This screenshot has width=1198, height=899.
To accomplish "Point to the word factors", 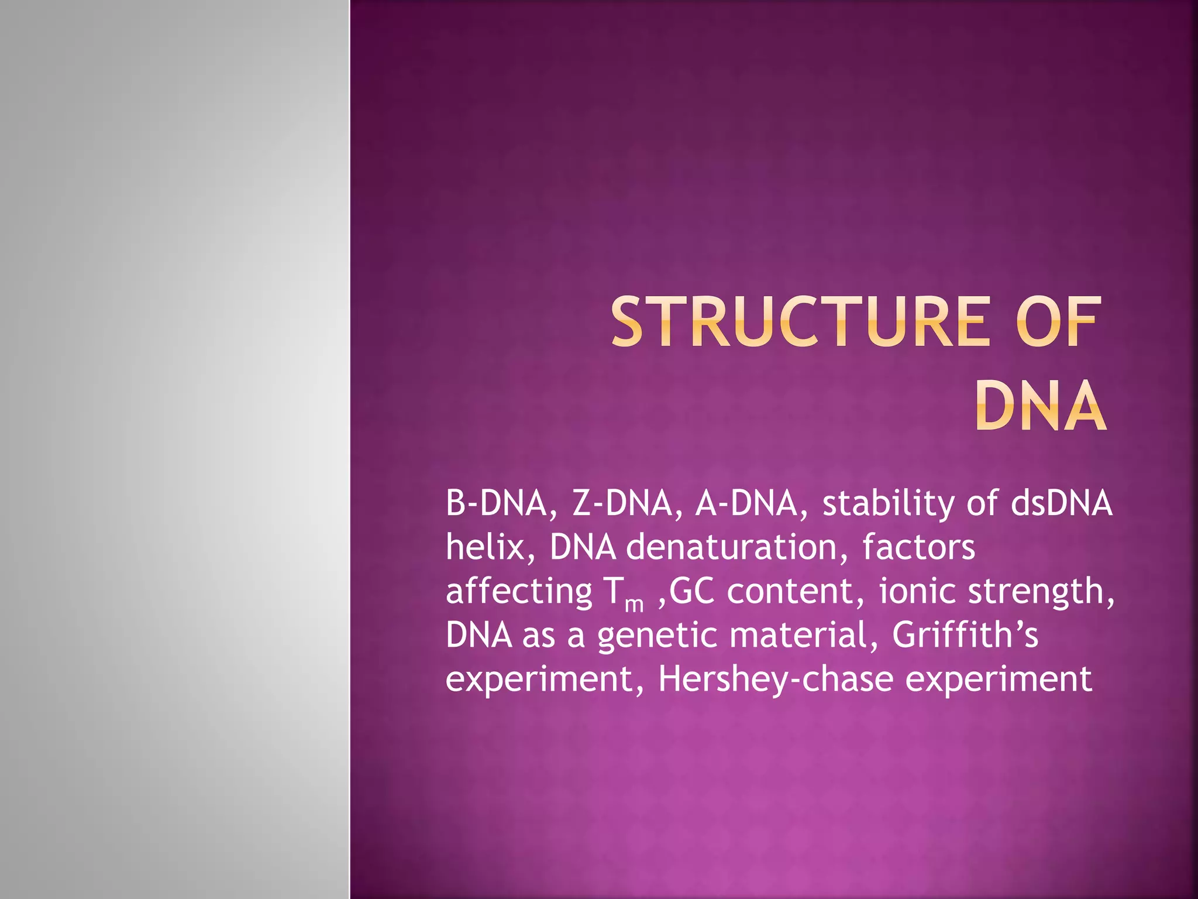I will [x=918, y=547].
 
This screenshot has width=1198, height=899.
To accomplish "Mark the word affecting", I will [x=519, y=591].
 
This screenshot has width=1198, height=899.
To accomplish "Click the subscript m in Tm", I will [x=634, y=603].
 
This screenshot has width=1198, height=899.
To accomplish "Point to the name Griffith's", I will [x=965, y=634].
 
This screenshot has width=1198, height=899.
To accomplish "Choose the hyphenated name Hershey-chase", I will [x=776, y=679].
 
